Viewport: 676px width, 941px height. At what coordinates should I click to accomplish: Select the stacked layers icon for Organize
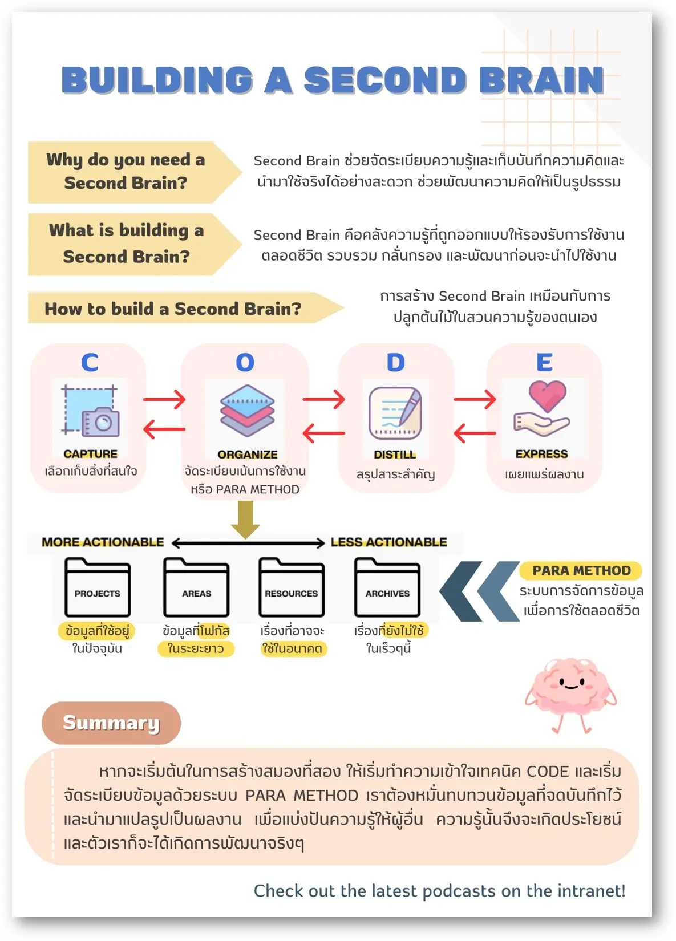tap(247, 411)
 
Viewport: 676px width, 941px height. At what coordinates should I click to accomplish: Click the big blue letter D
tap(395, 363)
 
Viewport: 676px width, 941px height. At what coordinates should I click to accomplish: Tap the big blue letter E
tap(544, 363)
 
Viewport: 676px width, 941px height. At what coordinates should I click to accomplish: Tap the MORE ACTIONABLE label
tap(103, 542)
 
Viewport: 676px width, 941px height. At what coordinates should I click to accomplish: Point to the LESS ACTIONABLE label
tap(388, 542)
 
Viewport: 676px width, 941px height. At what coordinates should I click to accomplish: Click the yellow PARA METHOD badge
tap(581, 570)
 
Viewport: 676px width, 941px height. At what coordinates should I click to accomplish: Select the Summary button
tap(111, 723)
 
